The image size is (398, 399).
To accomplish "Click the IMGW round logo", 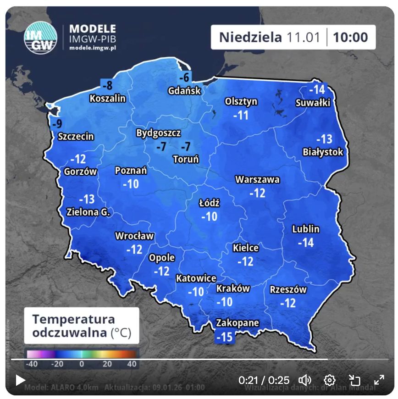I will click(40, 36).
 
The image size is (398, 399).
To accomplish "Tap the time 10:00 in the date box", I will click(350, 37).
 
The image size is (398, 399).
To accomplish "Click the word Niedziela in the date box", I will click(250, 37).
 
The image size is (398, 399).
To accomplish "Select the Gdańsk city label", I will click(184, 90).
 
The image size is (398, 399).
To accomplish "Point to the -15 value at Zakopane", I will click(225, 337).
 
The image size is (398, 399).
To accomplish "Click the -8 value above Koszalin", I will click(107, 85).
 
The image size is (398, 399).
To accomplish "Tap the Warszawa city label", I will click(257, 180).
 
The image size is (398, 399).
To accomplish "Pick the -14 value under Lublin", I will click(306, 242).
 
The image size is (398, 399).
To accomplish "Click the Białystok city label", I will click(323, 152).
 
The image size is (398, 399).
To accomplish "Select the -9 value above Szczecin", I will click(57, 123).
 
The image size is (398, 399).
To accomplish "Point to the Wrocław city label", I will click(134, 236).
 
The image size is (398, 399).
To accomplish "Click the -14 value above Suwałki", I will click(317, 89).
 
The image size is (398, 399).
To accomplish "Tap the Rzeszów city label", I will click(288, 289).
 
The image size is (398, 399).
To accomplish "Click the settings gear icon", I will click(329, 380).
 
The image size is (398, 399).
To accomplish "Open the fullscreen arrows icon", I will click(379, 380).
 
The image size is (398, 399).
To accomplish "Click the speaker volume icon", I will click(305, 380).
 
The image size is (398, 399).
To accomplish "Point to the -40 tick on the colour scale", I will click(32, 364).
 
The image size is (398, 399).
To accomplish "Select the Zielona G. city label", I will click(88, 212).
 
